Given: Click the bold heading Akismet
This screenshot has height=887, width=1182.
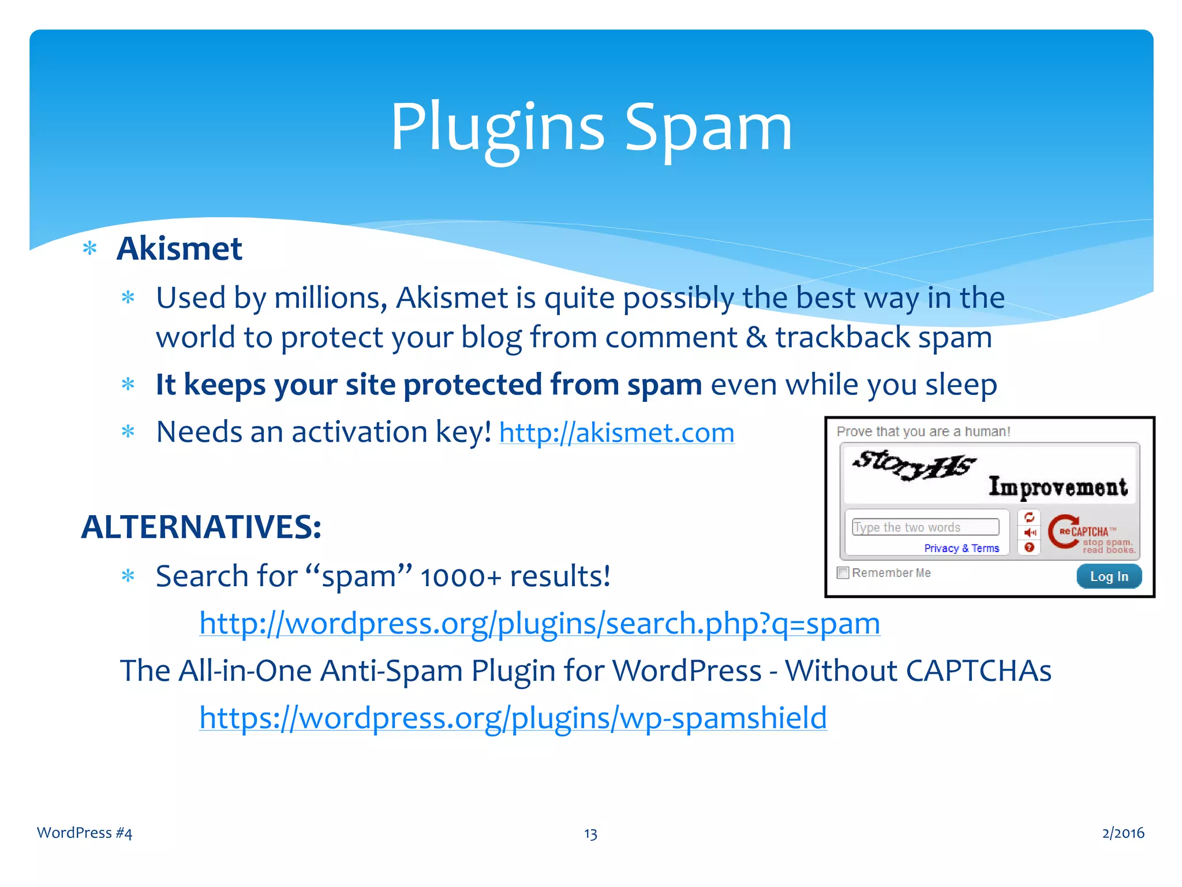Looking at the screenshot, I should [179, 249].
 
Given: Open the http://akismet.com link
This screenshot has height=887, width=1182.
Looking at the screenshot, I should [616, 433].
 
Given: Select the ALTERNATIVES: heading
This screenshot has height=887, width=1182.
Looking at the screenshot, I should [201, 527].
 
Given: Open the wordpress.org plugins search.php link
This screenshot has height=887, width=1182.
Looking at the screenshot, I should [540, 624].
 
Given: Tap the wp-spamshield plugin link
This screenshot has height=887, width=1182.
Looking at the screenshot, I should [513, 718].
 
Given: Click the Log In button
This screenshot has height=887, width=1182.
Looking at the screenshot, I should [1109, 576].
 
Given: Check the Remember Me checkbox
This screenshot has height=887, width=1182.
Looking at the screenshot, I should [843, 573].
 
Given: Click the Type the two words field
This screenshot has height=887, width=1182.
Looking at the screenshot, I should [925, 527].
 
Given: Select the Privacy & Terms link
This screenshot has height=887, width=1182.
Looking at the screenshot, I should [962, 548].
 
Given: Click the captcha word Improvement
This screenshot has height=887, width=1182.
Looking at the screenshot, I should [1058, 487].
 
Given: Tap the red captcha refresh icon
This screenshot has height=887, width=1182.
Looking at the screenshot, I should [1029, 517].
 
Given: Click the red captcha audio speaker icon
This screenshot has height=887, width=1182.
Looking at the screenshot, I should [1030, 532].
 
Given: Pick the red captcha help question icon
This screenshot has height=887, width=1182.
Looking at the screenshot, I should [1029, 547].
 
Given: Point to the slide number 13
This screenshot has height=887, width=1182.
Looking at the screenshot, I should [590, 833].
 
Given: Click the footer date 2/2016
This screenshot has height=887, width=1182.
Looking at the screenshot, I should [1123, 833].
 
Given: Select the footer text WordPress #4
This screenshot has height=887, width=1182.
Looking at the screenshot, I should [85, 833].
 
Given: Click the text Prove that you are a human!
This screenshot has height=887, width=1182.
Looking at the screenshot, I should [923, 431].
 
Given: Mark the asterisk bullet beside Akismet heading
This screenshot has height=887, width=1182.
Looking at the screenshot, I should [90, 249].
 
